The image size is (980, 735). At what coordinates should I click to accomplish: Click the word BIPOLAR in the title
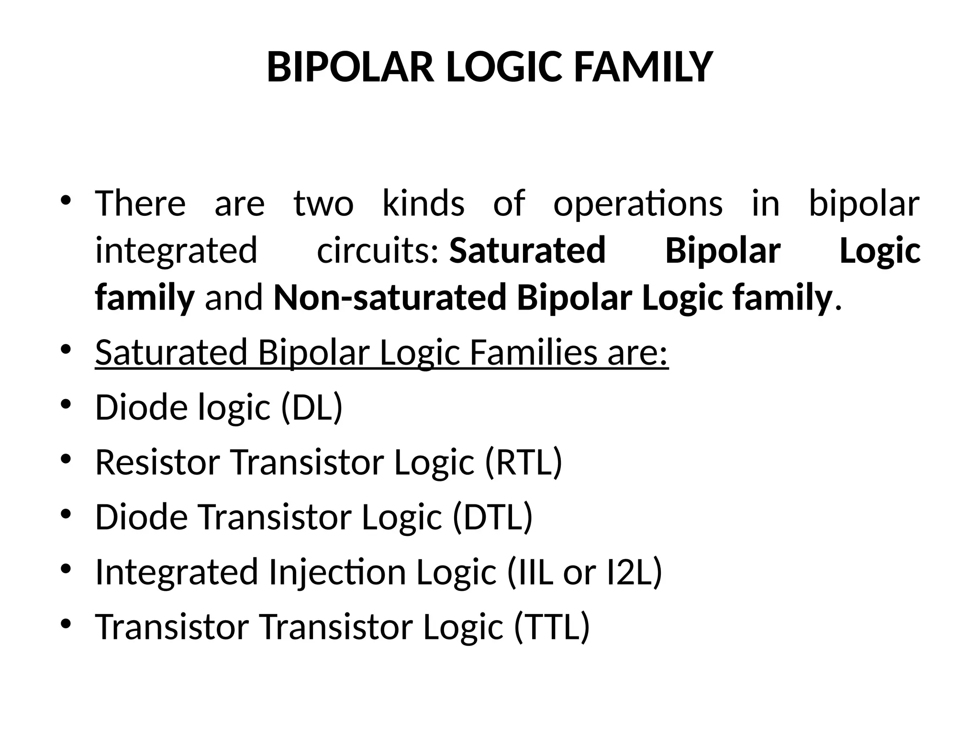pyautogui.click(x=350, y=67)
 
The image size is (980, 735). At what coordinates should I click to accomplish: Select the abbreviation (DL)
pyautogui.click(x=312, y=407)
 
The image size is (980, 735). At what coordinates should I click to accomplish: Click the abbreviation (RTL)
pyautogui.click(x=523, y=462)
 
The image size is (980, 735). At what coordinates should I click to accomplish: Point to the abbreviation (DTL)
pyautogui.click(x=492, y=517)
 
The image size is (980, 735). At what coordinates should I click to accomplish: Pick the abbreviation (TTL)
pyautogui.click(x=552, y=626)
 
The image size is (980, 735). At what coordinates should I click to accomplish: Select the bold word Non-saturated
pyautogui.click(x=390, y=298)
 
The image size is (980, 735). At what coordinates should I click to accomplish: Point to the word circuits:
pyautogui.click(x=378, y=251)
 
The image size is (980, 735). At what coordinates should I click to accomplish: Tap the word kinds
pyautogui.click(x=423, y=203)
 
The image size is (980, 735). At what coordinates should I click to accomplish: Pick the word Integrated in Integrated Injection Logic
pyautogui.click(x=177, y=573)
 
